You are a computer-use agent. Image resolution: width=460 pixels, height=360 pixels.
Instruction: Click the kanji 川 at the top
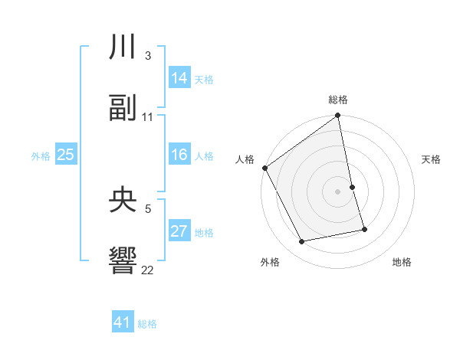coord(123,48)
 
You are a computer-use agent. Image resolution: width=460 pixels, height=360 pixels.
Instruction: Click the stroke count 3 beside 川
coord(147,56)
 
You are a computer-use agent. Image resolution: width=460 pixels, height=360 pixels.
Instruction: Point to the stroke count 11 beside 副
coord(148,116)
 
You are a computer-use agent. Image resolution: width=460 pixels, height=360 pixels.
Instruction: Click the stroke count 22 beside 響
coord(148,270)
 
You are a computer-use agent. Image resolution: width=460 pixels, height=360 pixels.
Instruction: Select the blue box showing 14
coord(179,78)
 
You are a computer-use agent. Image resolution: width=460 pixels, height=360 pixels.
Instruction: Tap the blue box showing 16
coord(179,155)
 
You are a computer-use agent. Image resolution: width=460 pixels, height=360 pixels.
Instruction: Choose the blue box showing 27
coord(179,231)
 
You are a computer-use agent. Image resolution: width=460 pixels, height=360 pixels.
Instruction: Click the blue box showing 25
coord(65,155)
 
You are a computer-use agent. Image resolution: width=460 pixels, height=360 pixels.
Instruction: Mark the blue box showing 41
coord(123,323)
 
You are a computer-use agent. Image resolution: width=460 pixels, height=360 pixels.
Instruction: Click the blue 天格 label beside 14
coord(204,79)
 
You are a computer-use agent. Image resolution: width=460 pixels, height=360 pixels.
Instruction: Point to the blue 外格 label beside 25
coord(41,155)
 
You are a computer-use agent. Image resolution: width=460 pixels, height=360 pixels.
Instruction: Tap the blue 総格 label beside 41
coord(147,324)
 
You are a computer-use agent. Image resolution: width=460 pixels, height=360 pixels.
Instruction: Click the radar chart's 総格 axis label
coord(338,100)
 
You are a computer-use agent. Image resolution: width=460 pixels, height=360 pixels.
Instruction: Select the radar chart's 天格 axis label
coord(432,159)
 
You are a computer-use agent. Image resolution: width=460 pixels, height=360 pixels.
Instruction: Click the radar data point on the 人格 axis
coord(265,168)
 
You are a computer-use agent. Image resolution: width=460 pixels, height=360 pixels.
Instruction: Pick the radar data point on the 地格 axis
coord(364,229)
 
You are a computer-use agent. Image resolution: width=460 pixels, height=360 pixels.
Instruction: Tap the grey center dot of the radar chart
coord(338,191)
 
